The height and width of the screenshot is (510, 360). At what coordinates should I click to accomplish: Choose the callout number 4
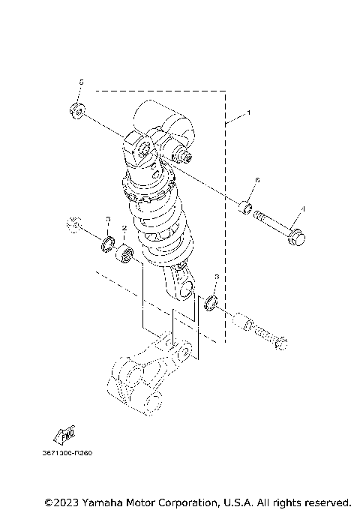pyautogui.click(x=303, y=208)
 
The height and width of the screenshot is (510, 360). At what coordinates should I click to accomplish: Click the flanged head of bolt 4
pyautogui.click(x=295, y=236)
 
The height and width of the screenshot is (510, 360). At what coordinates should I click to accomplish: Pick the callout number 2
pyautogui.click(x=124, y=228)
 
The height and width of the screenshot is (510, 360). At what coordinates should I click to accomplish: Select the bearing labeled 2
pyautogui.click(x=125, y=254)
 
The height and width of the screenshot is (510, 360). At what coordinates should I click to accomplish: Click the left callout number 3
pyautogui.click(x=107, y=220)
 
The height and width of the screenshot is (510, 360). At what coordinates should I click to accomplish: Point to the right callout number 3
pyautogui.click(x=216, y=277)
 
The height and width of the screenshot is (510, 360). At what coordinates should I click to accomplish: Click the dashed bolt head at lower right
pyautogui.click(x=281, y=344)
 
